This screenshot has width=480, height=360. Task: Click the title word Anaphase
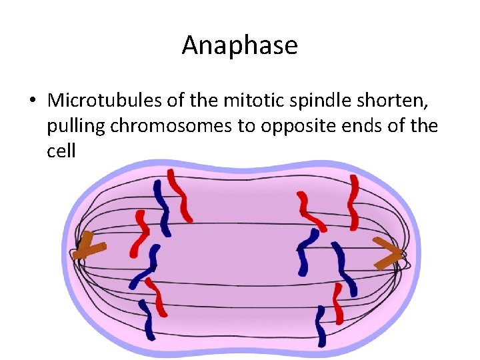click(x=239, y=45)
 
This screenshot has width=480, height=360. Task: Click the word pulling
click(x=76, y=126)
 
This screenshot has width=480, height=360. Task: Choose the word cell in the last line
click(x=61, y=151)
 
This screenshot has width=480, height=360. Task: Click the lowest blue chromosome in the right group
click(x=321, y=326)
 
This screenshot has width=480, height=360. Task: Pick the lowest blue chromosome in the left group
click(x=147, y=320)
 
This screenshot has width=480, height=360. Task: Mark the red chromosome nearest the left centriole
click(x=141, y=233)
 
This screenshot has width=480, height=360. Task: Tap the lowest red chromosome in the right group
click(x=338, y=303)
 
